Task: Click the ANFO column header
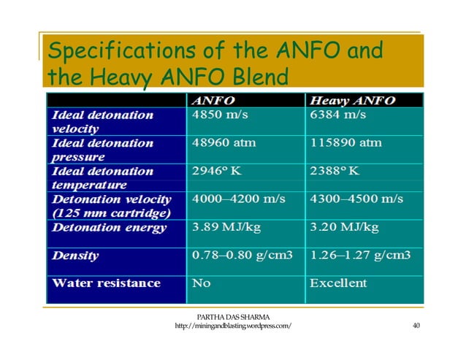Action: pyautogui.click(x=213, y=101)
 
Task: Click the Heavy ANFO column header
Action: pyautogui.click(x=352, y=101)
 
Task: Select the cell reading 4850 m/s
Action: pyautogui.click(x=218, y=115)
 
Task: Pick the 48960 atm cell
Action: pyautogui.click(x=224, y=142)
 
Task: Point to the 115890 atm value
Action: pyautogui.click(x=346, y=142)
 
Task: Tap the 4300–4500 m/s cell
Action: pyautogui.click(x=356, y=199)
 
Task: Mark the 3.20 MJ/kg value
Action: pyautogui.click(x=345, y=227)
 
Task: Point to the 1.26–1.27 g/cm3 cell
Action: pyautogui.click(x=361, y=256)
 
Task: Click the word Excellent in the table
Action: pyautogui.click(x=339, y=283)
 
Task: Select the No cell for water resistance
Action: pyautogui.click(x=201, y=283)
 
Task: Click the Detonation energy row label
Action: pyautogui.click(x=108, y=227)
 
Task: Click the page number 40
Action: pyautogui.click(x=416, y=326)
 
